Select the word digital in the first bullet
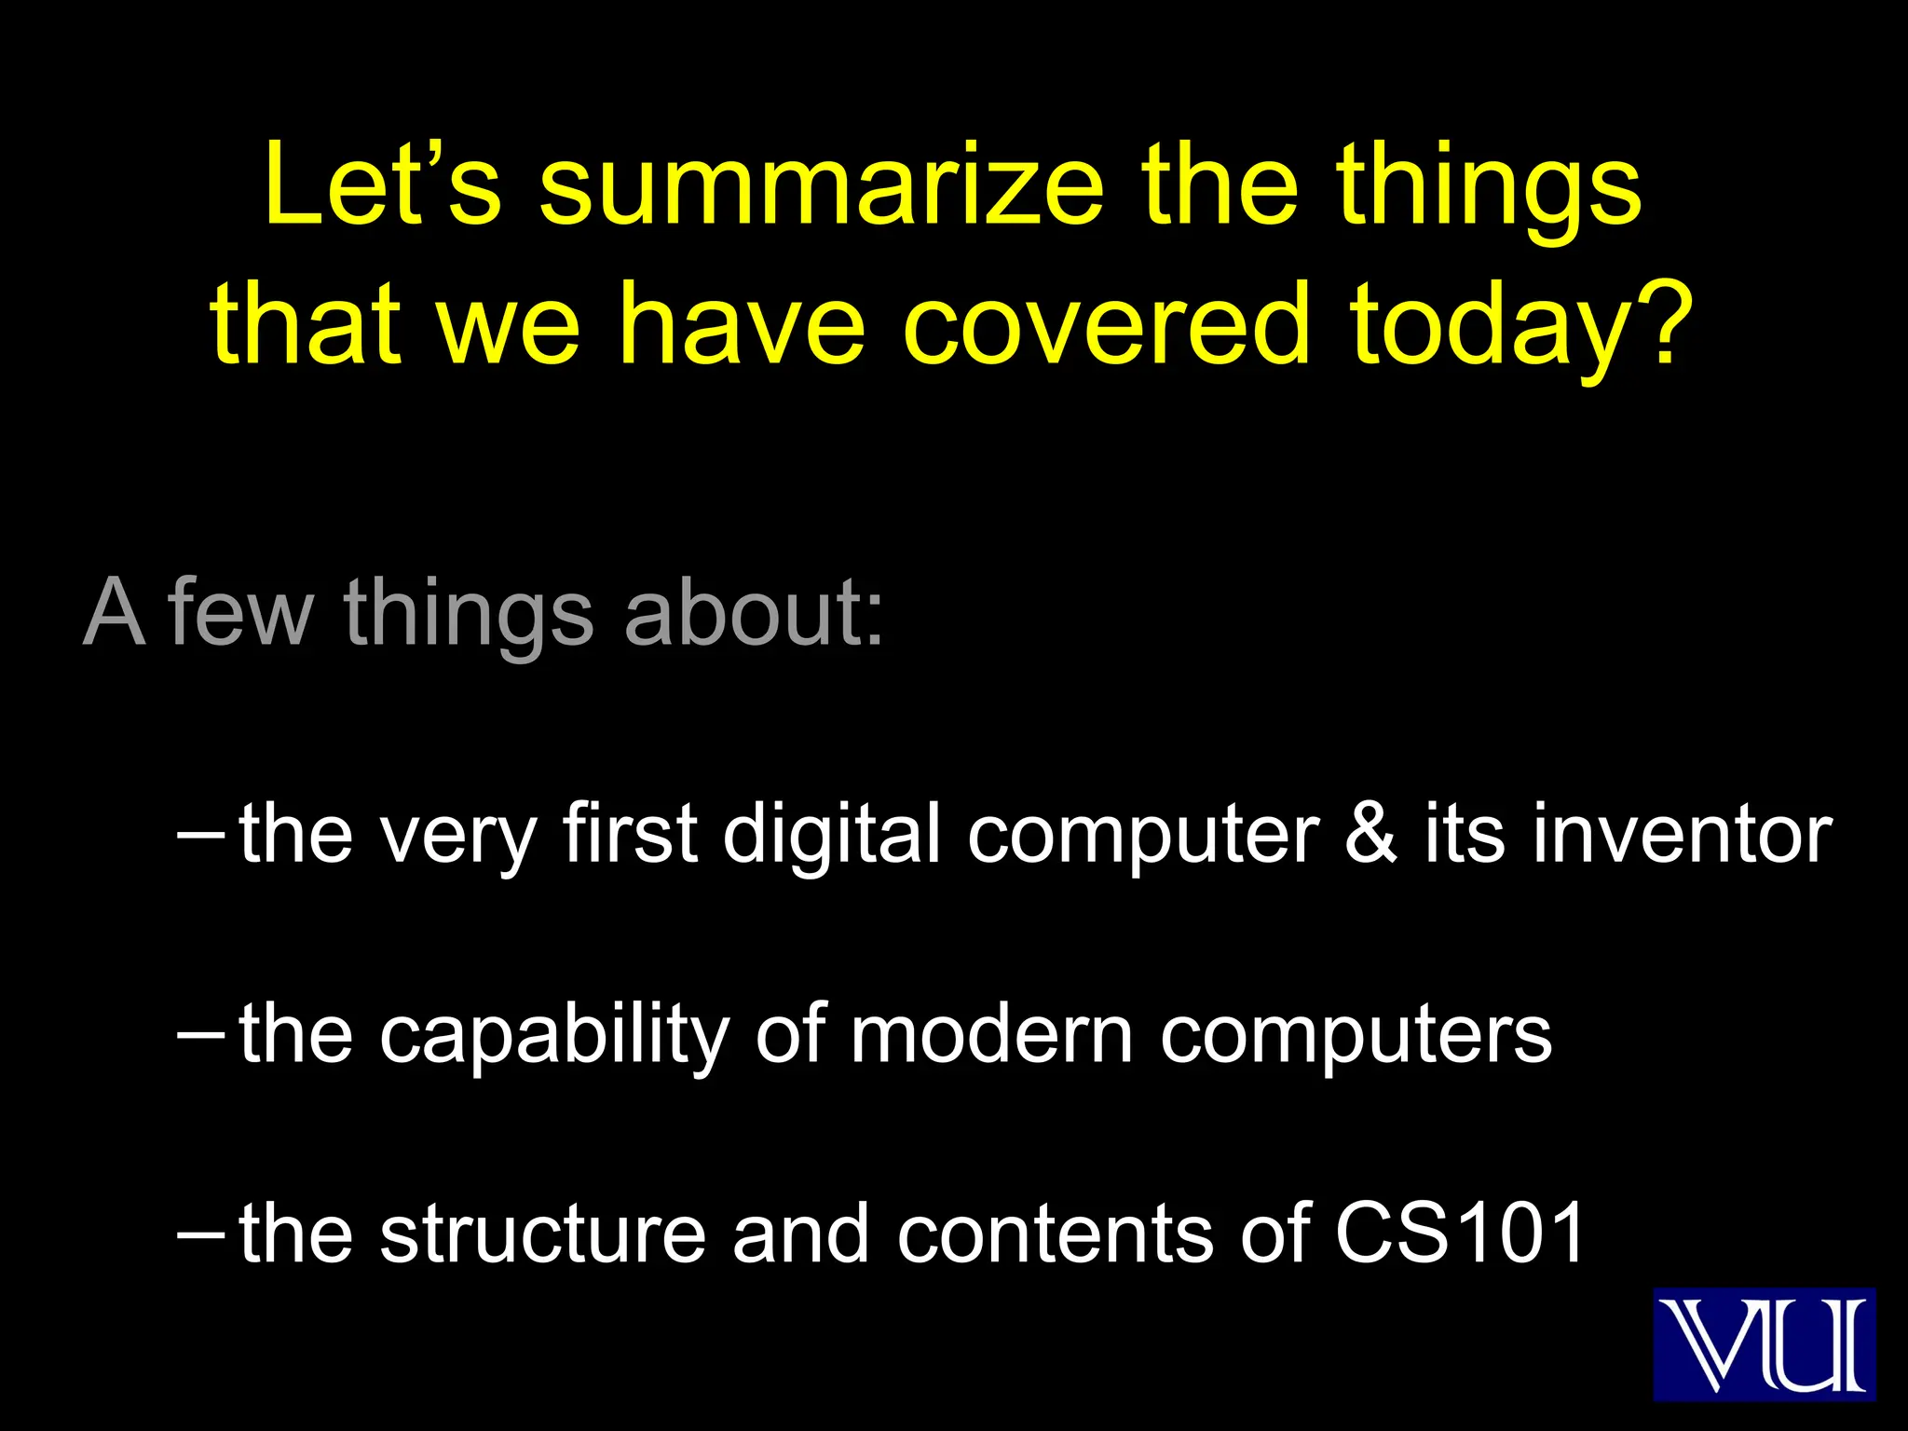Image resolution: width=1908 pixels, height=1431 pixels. click(831, 833)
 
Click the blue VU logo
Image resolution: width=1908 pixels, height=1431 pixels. click(1764, 1343)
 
